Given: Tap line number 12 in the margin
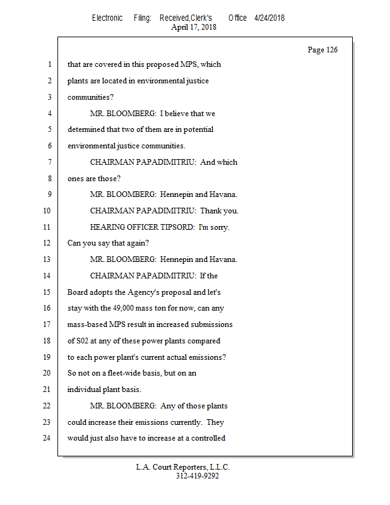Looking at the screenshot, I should tap(48, 243).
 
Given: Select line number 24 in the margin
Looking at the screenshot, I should tap(48, 438).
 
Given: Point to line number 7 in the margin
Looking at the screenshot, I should tap(49, 162).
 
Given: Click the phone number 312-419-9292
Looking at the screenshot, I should tap(198, 476).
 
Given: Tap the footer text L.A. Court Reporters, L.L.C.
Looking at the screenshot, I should tap(183, 467).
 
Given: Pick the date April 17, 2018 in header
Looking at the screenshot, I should tap(194, 27).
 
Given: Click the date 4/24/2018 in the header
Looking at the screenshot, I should tap(269, 18).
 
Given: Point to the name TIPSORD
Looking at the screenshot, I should tap(181, 227).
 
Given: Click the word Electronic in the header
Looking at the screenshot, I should tap(107, 18).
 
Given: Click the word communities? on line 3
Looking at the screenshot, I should tap(91, 97).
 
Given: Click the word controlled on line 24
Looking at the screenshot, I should tap(206, 438).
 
